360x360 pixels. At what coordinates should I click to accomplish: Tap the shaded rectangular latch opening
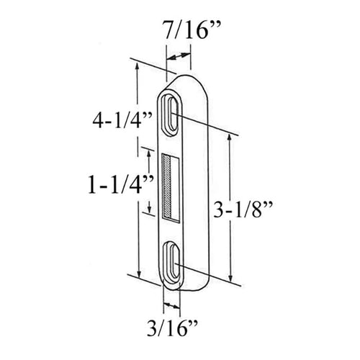(171, 186)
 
